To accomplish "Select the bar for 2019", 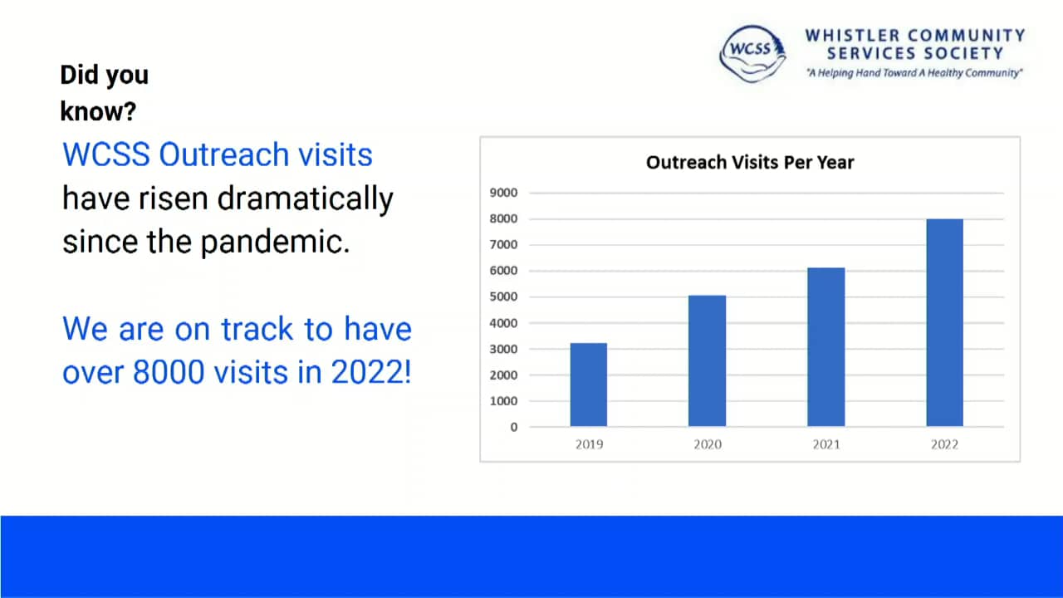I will [588, 385].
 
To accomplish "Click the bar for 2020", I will [707, 360].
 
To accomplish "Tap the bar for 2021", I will [825, 346].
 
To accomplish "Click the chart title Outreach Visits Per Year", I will [749, 163].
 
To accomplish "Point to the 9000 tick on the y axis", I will [502, 193].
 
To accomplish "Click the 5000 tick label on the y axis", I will [502, 297].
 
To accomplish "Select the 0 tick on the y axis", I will [513, 427].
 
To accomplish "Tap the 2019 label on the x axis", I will [589, 444].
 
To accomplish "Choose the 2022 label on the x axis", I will [944, 444].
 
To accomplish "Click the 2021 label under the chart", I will [825, 444].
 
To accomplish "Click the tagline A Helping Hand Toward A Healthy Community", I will [914, 73].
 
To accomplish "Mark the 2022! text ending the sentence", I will [371, 373].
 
